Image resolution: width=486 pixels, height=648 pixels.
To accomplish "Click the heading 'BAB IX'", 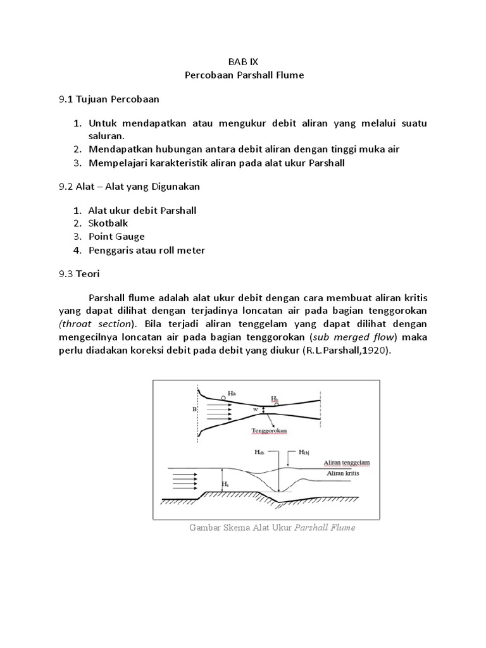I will (244, 62).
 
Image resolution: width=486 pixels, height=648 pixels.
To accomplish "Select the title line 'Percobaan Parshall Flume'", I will (244, 75).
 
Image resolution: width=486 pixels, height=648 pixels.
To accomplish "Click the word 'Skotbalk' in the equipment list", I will (108, 223).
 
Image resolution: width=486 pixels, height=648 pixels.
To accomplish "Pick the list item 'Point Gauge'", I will (116, 237).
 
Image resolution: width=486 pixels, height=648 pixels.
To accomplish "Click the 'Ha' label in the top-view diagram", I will (232, 393).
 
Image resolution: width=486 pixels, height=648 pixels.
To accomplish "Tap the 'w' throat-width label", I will (255, 409).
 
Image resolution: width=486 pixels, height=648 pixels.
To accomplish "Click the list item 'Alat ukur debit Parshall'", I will (142, 210).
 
